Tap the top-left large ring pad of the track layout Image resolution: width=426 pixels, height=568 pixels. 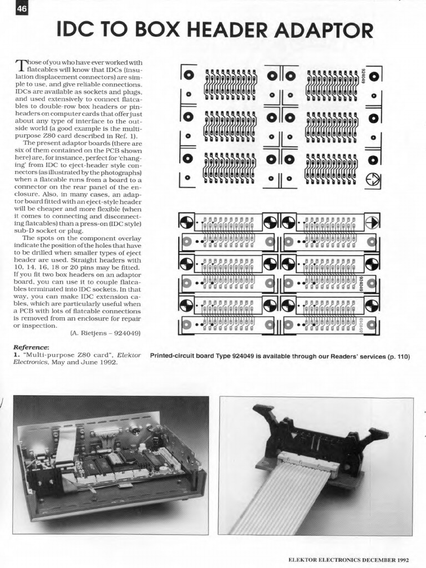188,74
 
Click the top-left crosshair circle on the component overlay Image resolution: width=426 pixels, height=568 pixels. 187,222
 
